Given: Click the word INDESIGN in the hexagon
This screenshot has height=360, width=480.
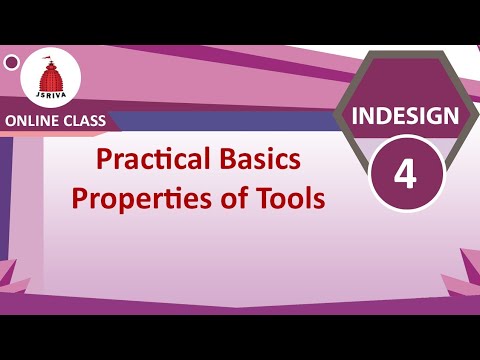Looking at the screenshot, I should coord(405,115).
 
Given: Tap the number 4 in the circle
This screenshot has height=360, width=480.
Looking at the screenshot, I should coord(405,172).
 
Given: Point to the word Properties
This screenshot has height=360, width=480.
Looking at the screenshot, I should coord(138,198).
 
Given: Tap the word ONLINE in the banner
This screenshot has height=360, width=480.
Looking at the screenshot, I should coord(34,122).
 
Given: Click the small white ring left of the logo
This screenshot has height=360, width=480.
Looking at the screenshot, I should coord(11,63).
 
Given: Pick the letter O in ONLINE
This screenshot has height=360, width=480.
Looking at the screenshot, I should coord(12,122).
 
